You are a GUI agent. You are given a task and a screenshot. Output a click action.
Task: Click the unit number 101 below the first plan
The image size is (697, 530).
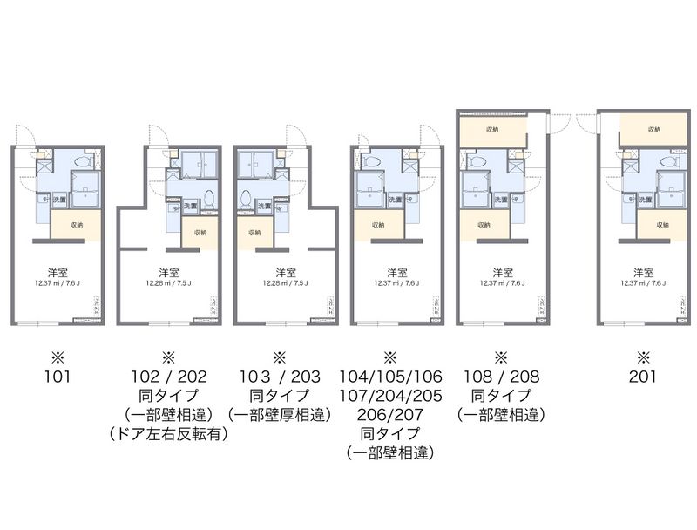58,377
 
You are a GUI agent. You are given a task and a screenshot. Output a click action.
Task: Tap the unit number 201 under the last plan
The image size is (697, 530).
643,377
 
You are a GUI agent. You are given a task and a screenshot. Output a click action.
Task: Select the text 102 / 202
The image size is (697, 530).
169,377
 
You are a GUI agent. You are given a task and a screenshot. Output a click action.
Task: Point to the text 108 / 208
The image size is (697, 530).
501,377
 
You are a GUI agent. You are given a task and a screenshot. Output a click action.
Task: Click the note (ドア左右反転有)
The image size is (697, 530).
169,434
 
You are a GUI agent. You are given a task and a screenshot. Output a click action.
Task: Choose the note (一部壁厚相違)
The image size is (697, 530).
279,415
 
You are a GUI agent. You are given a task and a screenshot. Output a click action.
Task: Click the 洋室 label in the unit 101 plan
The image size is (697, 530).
58,271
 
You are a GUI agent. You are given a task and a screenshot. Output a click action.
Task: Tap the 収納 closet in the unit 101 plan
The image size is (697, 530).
74,225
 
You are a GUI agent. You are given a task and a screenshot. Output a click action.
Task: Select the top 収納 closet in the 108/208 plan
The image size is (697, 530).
492,131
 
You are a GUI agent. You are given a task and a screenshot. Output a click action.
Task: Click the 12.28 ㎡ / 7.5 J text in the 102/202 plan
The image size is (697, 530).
169,282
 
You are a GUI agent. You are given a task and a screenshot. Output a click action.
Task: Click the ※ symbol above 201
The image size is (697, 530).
643,357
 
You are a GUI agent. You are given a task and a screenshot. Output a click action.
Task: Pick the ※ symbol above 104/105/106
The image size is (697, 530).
390,357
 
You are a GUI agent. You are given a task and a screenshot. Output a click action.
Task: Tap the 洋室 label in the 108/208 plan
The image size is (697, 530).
501,271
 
